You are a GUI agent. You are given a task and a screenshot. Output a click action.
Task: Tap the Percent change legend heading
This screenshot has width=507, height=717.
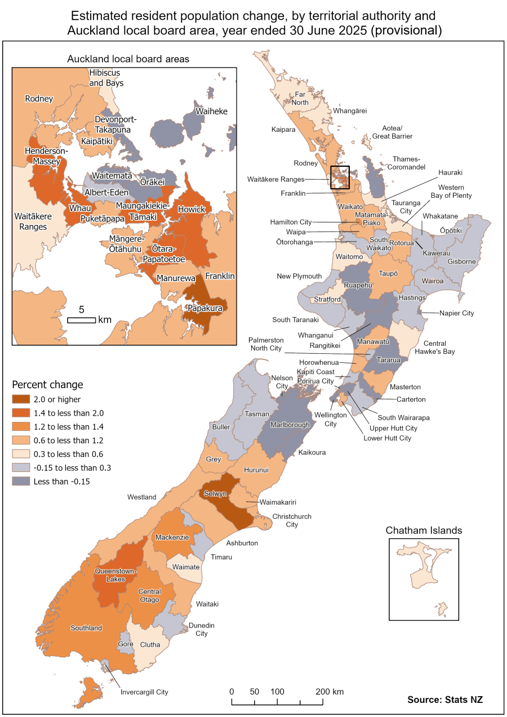point(47,385)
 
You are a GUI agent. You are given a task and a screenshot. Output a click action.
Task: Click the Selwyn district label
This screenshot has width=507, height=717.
point(216,493)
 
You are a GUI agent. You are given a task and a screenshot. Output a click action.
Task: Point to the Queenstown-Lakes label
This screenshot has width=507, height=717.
point(115,575)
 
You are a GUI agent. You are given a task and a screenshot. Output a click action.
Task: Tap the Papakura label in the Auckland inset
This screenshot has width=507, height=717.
point(205,308)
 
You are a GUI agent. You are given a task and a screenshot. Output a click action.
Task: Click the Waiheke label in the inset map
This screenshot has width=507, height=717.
point(211,112)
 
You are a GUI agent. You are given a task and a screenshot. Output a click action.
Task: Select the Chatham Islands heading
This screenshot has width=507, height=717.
point(424,531)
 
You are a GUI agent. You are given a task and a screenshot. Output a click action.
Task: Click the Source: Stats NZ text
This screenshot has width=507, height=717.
point(445,700)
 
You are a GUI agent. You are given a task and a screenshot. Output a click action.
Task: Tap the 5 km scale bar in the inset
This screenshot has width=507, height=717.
point(82,320)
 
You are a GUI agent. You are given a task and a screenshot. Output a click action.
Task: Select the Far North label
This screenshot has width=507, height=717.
point(300,99)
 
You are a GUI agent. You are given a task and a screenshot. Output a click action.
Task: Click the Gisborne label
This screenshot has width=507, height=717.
point(462,262)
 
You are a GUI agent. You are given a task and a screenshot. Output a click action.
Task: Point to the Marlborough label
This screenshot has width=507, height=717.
point(290,425)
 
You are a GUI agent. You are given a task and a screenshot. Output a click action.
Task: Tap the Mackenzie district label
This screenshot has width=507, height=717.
point(172,537)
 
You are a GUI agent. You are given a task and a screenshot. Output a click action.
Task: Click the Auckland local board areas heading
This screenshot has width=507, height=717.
point(128,59)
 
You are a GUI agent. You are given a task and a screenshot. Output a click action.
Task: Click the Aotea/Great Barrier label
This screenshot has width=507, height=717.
point(389,132)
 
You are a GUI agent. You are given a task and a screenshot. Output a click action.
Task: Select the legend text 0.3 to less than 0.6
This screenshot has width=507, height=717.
point(63,454)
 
